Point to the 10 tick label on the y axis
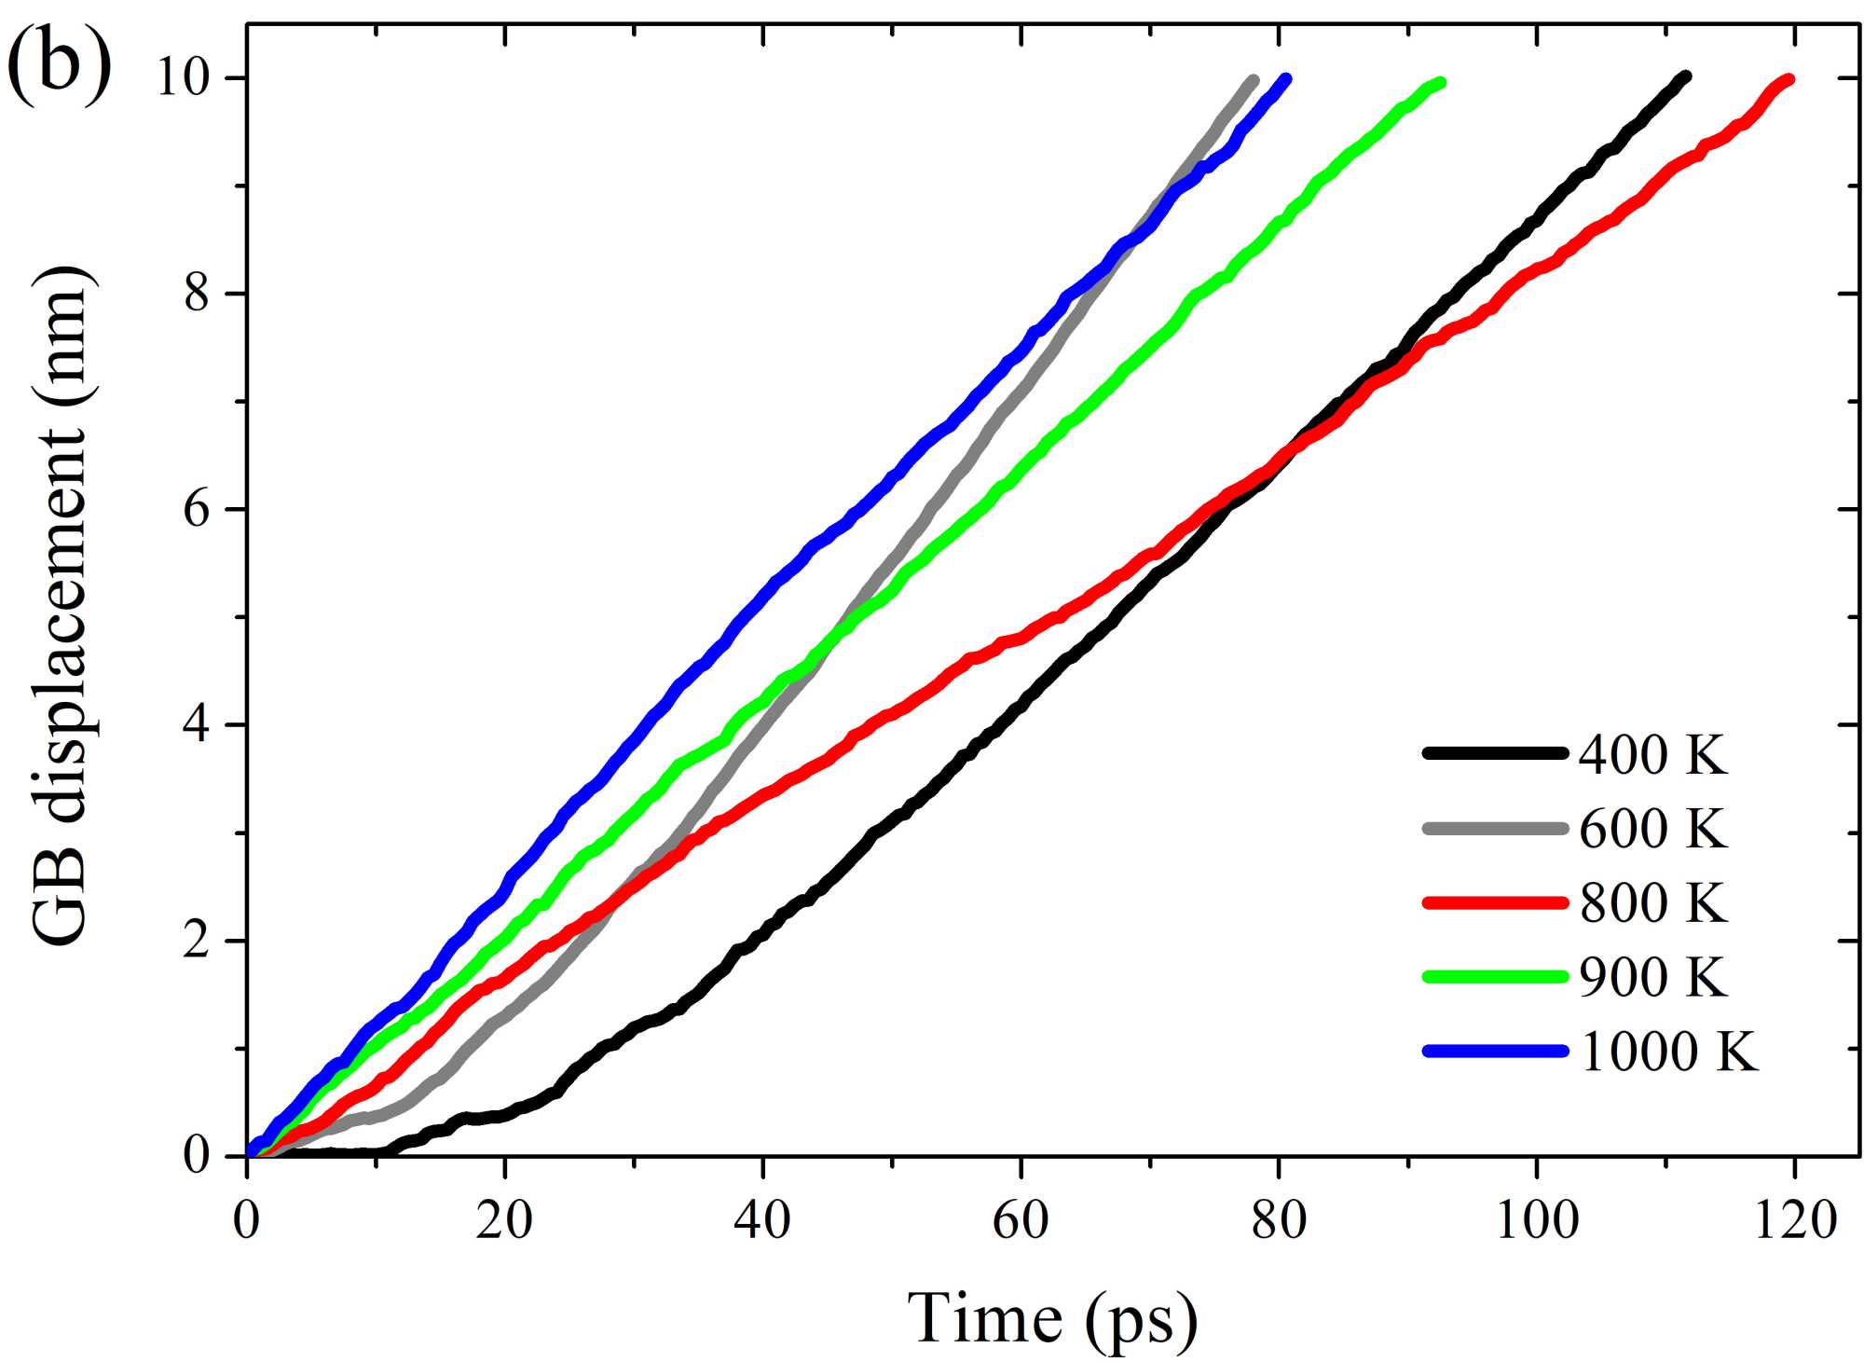coord(182,77)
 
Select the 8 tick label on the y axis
coord(197,294)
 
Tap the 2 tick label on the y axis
coord(197,941)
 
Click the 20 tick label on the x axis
coord(504,1218)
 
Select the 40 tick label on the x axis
coord(762,1218)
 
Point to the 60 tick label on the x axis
coord(1021,1218)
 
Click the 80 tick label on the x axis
coord(1279,1218)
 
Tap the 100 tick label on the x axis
coord(1537,1218)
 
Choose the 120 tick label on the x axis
coord(1795,1218)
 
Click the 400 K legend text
coord(1652,754)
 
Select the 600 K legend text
coord(1652,828)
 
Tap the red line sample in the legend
coord(1495,901)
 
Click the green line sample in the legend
coord(1495,976)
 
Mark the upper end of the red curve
coord(1788,79)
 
